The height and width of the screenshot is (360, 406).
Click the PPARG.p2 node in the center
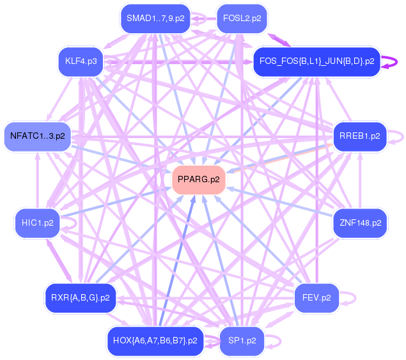pyautogui.click(x=199, y=180)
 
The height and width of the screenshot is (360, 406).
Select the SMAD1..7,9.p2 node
pyautogui.click(x=155, y=19)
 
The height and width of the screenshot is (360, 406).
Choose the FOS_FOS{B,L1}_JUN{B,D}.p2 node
pyautogui.click(x=316, y=62)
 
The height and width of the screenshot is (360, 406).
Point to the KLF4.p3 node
pyautogui.click(x=81, y=61)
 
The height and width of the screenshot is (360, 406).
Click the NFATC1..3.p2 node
pyautogui.click(x=37, y=136)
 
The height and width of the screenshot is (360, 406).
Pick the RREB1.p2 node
pyautogui.click(x=360, y=136)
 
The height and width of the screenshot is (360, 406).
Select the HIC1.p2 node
pyautogui.click(x=37, y=223)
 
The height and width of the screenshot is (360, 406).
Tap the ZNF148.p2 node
pyautogui.click(x=360, y=223)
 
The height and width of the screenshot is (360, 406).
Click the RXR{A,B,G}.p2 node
pyautogui.click(x=81, y=297)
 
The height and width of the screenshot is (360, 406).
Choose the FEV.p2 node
pyautogui.click(x=316, y=297)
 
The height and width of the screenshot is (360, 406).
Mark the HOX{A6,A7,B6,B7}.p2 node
pyautogui.click(x=155, y=340)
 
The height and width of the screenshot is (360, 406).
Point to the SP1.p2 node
pyautogui.click(x=242, y=340)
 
